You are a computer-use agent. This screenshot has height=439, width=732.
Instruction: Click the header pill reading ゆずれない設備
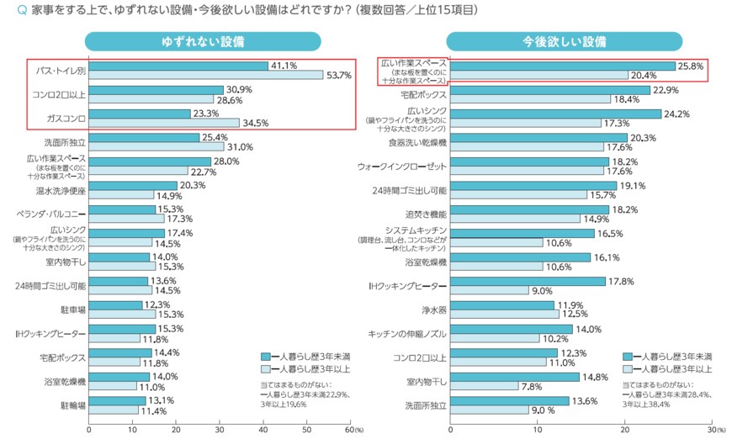(203, 42)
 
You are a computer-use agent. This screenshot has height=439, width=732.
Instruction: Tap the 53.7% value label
(338, 76)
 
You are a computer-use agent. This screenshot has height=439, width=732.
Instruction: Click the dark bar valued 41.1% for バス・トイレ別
(178, 66)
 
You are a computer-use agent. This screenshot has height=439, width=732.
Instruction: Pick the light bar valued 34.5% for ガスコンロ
(164, 123)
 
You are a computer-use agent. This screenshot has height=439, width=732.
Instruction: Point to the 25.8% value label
(692, 65)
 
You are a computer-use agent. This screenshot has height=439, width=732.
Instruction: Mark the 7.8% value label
(532, 386)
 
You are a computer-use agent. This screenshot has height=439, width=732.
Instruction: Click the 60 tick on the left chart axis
(348, 429)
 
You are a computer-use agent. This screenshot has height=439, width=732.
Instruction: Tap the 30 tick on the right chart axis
(711, 429)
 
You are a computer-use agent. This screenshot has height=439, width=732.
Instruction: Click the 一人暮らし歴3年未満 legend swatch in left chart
(265, 357)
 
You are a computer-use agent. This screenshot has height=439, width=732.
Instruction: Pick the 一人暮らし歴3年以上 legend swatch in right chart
(627, 368)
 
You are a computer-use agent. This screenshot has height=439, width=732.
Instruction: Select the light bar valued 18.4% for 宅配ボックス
(530, 99)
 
